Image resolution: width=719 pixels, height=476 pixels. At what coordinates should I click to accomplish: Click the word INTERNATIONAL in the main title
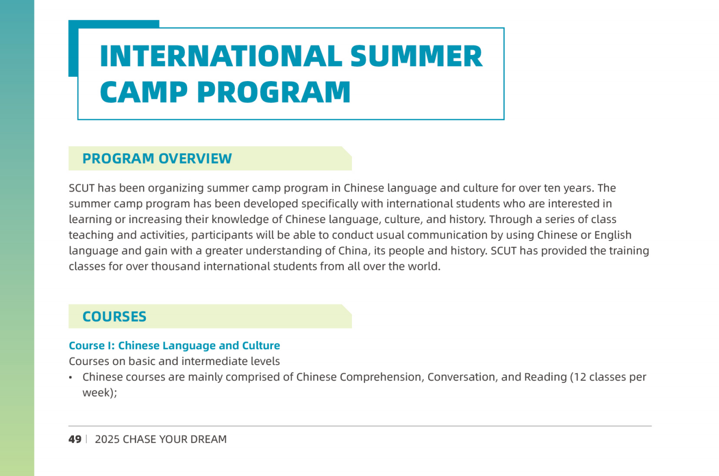221,56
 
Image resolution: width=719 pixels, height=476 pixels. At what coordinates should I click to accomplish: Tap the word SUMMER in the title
416,56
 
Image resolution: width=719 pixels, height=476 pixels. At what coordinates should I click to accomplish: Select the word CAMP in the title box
144,92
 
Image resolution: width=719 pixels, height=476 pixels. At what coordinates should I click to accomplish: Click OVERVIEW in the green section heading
195,158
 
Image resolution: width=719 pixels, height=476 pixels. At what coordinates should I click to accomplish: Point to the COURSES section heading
114,317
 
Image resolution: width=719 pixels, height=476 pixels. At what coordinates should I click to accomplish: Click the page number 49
75,439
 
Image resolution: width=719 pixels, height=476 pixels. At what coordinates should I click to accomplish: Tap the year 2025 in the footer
107,439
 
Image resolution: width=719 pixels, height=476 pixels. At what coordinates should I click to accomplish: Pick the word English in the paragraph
613,235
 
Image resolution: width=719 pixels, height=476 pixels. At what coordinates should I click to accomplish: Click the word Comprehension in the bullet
380,377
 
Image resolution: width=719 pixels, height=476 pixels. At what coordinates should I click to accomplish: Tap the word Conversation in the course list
462,377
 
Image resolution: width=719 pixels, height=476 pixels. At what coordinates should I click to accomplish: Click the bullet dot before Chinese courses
70,378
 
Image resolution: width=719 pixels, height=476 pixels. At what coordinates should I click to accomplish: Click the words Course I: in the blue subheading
92,345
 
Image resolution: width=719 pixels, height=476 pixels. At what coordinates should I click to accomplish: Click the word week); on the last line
100,393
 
